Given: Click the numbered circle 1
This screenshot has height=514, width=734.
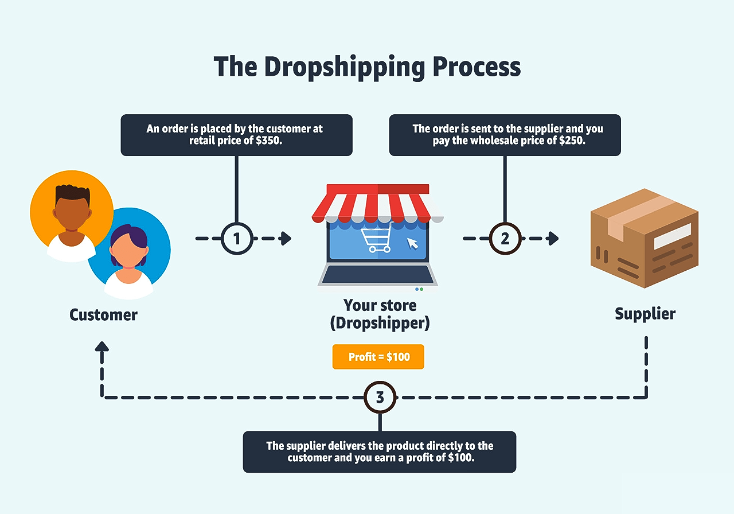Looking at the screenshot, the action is (x=237, y=239).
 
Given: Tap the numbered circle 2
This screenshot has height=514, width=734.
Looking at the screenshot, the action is (x=505, y=239).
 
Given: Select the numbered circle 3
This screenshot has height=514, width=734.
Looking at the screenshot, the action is (x=380, y=398).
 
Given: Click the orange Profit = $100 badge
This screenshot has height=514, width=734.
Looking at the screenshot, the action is (x=378, y=357).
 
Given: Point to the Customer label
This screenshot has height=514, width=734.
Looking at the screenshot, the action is (x=104, y=315).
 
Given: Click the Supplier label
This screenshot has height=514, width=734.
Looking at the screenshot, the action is (x=645, y=314).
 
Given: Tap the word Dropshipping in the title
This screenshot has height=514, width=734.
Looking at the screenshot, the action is (x=345, y=67).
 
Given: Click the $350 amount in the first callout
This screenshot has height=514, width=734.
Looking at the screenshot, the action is (x=269, y=141).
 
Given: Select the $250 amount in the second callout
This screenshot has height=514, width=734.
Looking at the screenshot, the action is (x=572, y=141).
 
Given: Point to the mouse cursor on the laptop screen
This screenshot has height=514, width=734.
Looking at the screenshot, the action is (x=412, y=244).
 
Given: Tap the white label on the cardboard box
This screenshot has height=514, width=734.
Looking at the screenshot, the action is (x=673, y=236).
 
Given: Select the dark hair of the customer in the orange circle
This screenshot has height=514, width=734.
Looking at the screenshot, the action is (x=72, y=193).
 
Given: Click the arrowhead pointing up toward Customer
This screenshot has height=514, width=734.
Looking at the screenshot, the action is (x=102, y=347).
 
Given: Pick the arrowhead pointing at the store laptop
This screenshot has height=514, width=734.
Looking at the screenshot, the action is (x=286, y=239).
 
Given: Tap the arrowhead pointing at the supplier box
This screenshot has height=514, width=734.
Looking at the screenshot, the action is (x=553, y=239).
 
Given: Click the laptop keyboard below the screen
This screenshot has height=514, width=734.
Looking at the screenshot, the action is (x=377, y=275).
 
